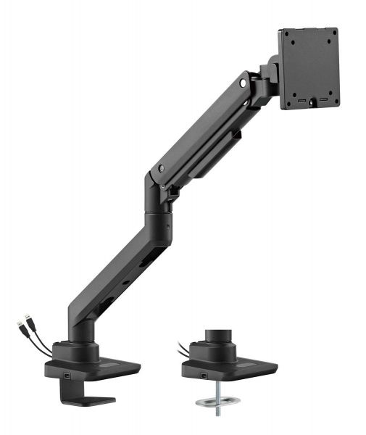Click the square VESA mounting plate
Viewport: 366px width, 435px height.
pos(309,68)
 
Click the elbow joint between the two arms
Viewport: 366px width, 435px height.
pos(158,207)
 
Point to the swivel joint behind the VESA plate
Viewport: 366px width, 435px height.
pos(272,72)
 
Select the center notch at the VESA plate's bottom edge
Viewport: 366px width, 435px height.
pos(312,104)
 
